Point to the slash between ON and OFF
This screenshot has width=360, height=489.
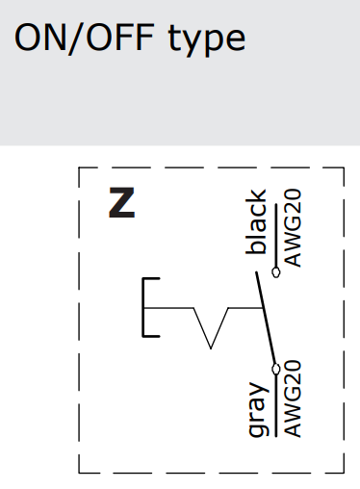(75, 39)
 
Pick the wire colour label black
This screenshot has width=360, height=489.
(257, 223)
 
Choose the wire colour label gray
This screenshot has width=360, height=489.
(257, 409)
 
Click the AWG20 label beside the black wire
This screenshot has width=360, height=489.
(293, 228)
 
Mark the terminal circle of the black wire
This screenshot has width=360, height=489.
(277, 272)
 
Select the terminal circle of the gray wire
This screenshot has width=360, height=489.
(277, 367)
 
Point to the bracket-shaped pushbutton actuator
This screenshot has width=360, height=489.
(146, 308)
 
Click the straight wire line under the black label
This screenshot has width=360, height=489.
(277, 226)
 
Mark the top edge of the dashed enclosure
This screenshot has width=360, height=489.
(212, 168)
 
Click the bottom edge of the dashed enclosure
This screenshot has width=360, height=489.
(212, 473)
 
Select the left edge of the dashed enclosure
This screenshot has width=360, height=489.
(79, 318)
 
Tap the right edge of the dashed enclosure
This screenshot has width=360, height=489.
(344, 318)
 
